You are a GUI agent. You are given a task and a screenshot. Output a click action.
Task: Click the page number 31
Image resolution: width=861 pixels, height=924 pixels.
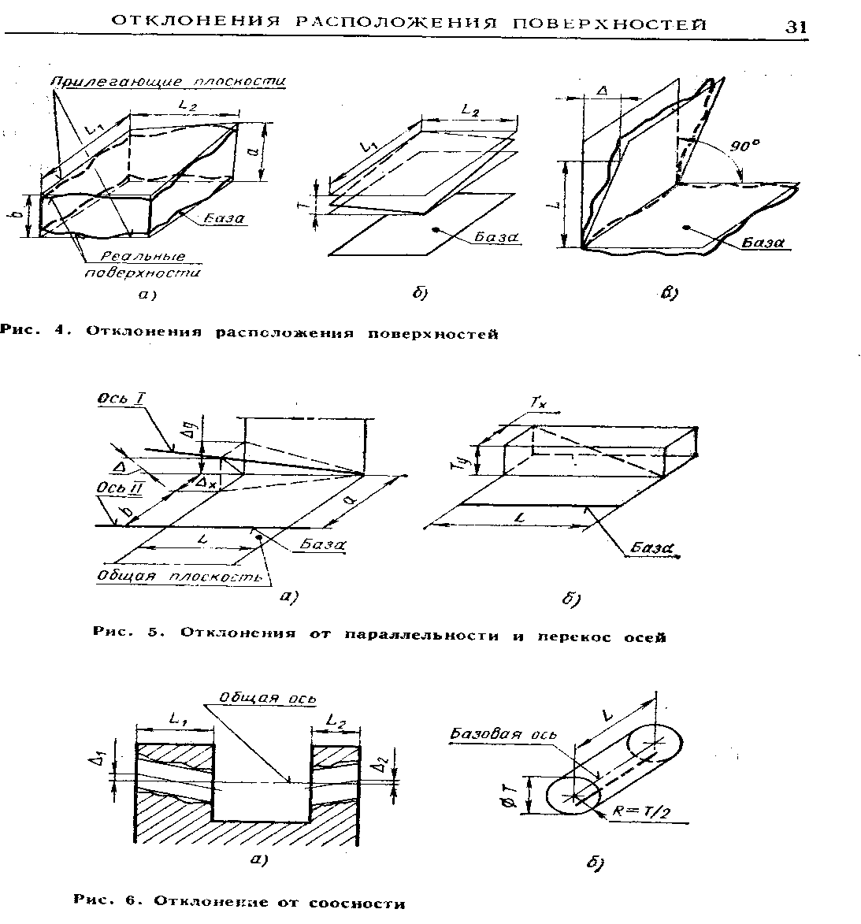tap(796, 27)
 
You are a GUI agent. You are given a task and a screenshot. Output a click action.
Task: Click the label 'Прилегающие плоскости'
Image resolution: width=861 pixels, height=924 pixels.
tap(168, 81)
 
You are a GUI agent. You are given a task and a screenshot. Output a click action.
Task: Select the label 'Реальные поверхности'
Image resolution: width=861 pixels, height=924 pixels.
tap(143, 265)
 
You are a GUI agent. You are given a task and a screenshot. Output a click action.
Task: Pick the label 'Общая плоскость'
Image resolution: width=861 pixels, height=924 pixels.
tap(179, 576)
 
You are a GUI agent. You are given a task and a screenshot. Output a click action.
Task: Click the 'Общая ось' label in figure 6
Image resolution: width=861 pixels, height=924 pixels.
tap(268, 698)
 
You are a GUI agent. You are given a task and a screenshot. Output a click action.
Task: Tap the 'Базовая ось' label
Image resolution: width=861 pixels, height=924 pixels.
tap(502, 734)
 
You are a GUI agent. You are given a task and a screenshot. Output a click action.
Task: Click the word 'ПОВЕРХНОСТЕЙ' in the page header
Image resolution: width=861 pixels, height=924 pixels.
tap(609, 24)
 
